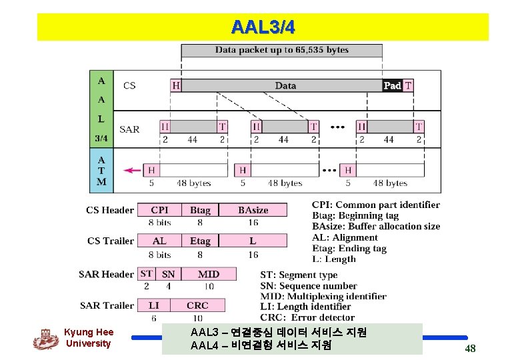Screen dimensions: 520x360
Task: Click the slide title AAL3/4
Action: pyautogui.click(x=263, y=27)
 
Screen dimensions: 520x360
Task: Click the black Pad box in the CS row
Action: pyautogui.click(x=392, y=85)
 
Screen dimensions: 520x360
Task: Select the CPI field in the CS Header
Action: pyautogui.click(x=159, y=210)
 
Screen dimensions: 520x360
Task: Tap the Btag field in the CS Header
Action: pyautogui.click(x=200, y=210)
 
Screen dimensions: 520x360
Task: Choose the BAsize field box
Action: pyautogui.click(x=253, y=210)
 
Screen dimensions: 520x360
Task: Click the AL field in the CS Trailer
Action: pyautogui.click(x=159, y=241)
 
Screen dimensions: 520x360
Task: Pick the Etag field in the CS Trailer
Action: pyautogui.click(x=200, y=241)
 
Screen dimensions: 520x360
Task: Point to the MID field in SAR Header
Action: pyautogui.click(x=209, y=274)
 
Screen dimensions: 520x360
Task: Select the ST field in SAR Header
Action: pyautogui.click(x=147, y=273)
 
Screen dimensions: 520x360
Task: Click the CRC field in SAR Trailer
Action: pyautogui.click(x=197, y=305)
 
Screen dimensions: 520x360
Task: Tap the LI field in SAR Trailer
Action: pyautogui.click(x=153, y=305)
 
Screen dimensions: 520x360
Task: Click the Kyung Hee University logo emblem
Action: pyautogui.click(x=45, y=339)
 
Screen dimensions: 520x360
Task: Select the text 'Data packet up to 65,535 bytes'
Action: pyautogui.click(x=281, y=50)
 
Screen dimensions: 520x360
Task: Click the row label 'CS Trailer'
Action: pyautogui.click(x=110, y=241)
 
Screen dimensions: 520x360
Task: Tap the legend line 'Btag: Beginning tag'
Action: pyautogui.click(x=355, y=215)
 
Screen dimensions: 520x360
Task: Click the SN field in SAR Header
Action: pyautogui.click(x=169, y=274)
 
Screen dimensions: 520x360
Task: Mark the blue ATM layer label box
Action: pyautogui.click(x=101, y=171)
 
